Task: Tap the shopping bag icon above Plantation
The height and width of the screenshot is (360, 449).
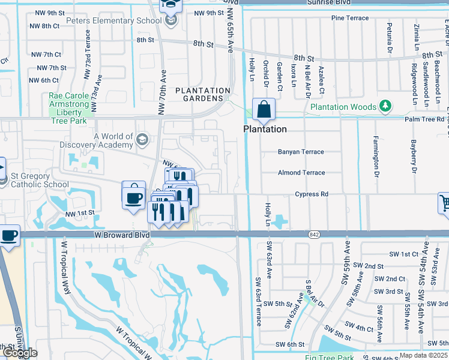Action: coord(264,110)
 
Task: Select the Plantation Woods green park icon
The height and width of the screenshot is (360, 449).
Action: coord(385,107)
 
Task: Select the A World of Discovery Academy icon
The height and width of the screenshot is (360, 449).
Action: coord(142,140)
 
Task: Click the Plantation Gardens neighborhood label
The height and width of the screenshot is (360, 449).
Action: coord(202,94)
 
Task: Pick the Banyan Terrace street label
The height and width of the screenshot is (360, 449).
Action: coord(301,152)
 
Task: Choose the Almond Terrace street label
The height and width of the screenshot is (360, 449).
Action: coord(301,173)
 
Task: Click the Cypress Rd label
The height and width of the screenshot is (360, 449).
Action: coord(312,194)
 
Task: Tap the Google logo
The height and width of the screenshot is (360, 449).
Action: coord(19,353)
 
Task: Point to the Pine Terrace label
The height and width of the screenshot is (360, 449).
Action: coord(349,18)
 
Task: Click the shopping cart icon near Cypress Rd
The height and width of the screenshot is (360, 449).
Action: coord(444,203)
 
